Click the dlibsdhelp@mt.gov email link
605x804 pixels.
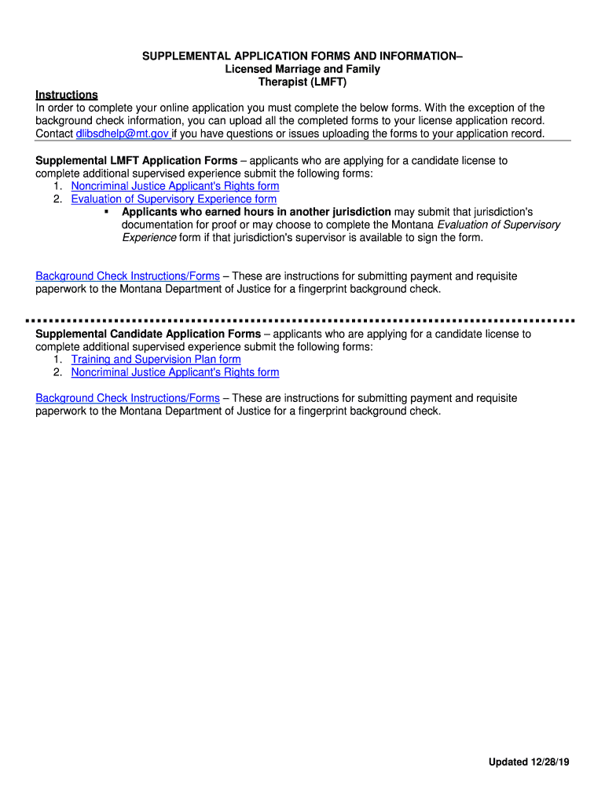(122, 133)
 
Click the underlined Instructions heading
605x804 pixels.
(67, 95)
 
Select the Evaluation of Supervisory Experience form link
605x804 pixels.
(174, 199)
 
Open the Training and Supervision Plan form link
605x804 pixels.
(156, 360)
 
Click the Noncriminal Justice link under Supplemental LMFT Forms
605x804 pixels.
(174, 186)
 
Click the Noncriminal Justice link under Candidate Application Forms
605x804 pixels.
(174, 372)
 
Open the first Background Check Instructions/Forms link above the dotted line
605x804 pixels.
(127, 276)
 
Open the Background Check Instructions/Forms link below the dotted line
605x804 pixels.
(127, 398)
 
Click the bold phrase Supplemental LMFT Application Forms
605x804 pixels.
(136, 161)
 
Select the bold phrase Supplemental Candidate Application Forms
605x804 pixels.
(148, 334)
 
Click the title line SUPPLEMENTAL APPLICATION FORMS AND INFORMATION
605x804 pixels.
(302, 57)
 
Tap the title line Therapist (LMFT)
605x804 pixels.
(302, 82)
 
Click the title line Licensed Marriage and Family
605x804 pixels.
(302, 69)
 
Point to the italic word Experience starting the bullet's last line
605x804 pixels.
(148, 237)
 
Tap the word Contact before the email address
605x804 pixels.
(54, 133)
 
